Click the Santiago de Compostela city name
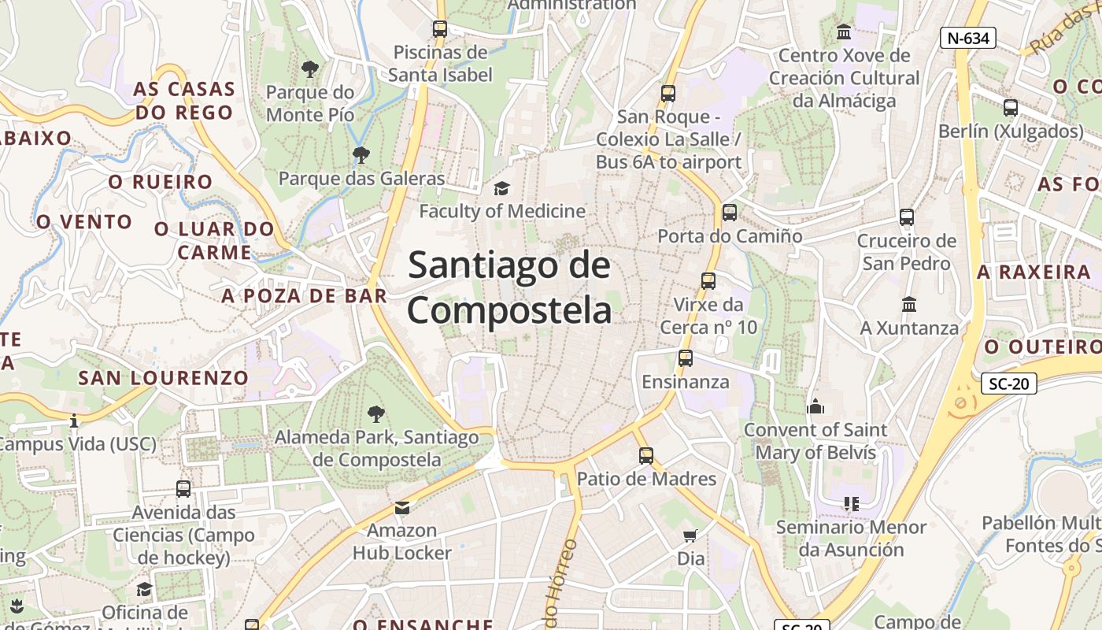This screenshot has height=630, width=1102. coord(509,287)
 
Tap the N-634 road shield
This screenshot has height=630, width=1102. coord(968,37)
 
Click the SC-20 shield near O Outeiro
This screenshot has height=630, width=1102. coord(1008,384)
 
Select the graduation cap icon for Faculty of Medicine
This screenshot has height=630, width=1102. coord(501,188)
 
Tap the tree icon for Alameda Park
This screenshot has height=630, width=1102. coord(376,413)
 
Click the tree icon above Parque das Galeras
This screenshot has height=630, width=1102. coord(361,154)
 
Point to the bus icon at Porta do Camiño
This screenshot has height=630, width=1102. coord(730,212)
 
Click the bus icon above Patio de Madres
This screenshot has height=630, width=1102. coord(646,455)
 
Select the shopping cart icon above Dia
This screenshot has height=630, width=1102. coord(690,536)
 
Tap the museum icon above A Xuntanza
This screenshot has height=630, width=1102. coord(909,304)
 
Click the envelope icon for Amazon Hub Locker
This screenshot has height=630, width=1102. coord(402,507)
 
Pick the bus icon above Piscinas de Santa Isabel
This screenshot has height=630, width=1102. coord(440,29)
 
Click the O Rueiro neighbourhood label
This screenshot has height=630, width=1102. coord(161,182)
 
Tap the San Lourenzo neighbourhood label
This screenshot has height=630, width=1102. coord(164,377)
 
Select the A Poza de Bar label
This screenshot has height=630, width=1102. coord(305,296)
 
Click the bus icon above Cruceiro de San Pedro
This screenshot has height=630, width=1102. coord(907,217)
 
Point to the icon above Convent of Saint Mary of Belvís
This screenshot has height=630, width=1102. coord(815,406)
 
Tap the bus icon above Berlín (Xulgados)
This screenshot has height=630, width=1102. coord(1011,107)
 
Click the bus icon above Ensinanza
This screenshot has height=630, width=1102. coord(686,358)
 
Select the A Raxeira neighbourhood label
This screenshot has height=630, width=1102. coord(1034,272)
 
